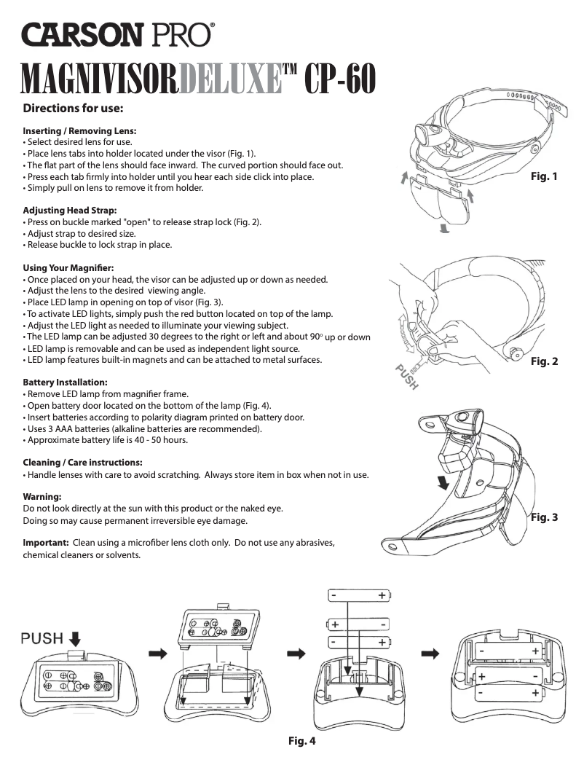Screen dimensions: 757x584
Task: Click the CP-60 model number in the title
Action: click(x=340, y=79)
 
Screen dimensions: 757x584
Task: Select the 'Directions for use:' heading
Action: click(x=73, y=109)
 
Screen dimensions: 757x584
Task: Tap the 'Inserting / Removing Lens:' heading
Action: click(x=80, y=131)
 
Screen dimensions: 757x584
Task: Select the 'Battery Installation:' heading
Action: click(x=66, y=383)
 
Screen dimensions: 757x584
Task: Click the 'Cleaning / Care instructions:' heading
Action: click(x=82, y=463)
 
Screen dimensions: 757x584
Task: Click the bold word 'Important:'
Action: click(x=46, y=543)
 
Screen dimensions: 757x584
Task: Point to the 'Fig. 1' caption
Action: click(x=543, y=176)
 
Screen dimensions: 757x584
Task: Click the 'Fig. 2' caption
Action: click(x=543, y=361)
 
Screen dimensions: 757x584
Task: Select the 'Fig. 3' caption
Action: click(x=543, y=517)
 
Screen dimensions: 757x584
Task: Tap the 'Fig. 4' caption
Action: click(x=301, y=741)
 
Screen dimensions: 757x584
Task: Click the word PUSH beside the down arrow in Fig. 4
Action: click(x=42, y=639)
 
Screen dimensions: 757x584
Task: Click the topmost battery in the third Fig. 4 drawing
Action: click(x=358, y=596)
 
